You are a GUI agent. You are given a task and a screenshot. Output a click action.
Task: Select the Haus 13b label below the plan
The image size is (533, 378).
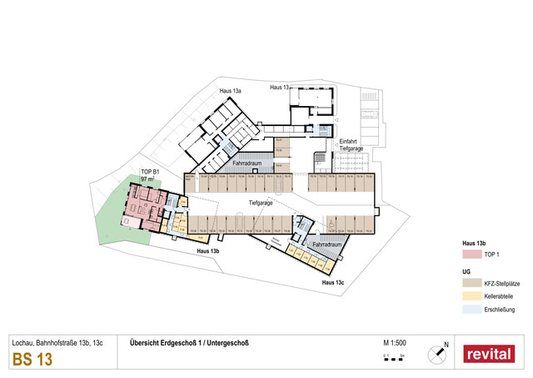pos(207,251)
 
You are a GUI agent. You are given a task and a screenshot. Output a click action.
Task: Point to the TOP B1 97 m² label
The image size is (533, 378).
pos(150,175)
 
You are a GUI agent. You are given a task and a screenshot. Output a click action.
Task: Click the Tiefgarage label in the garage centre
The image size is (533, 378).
pos(261,203)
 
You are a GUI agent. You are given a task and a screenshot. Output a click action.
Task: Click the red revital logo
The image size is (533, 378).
pos(489,353)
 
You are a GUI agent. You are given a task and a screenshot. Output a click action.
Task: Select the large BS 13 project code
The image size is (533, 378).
pos(32,360)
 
